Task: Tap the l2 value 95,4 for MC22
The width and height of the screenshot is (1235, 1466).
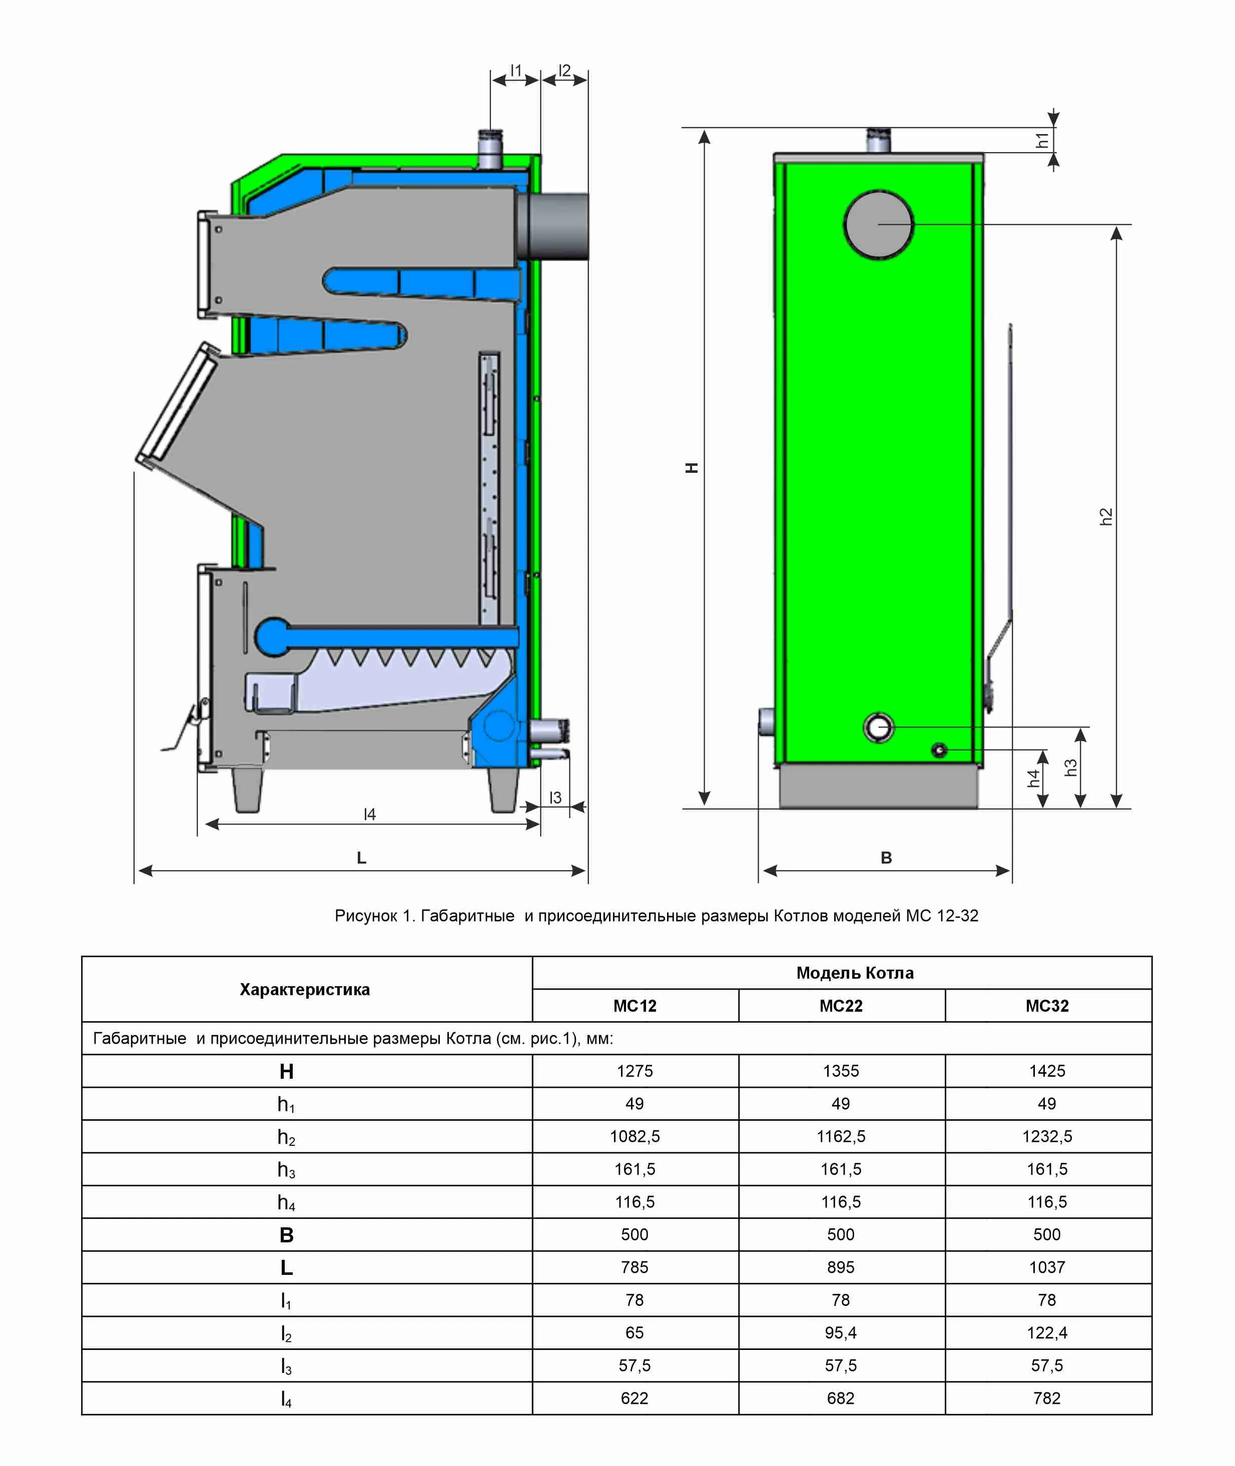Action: [x=840, y=1332]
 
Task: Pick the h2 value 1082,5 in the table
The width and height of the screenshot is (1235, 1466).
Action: [x=635, y=1136]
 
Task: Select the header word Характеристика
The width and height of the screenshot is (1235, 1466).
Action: [x=305, y=989]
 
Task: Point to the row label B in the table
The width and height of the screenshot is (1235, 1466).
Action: [x=286, y=1234]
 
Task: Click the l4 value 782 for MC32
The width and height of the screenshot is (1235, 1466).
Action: [x=1047, y=1397]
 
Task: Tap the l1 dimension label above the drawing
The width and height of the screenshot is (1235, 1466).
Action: [x=516, y=70]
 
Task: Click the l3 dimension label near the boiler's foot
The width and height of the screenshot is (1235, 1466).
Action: [x=555, y=798]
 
